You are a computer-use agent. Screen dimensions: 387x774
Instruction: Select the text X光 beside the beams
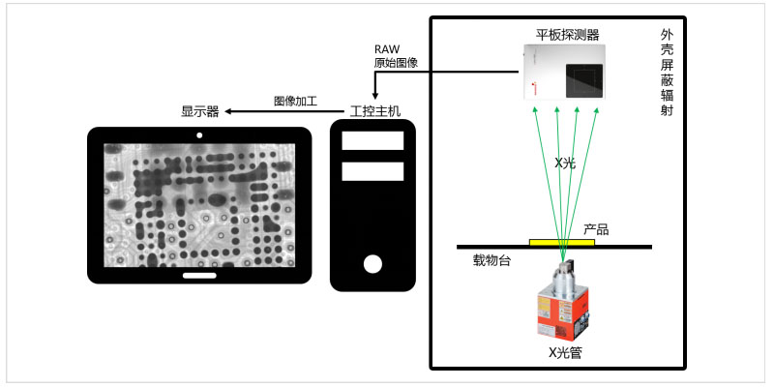565,164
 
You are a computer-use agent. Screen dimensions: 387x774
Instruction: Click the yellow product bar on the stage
562,242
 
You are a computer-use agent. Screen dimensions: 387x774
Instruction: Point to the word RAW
386,48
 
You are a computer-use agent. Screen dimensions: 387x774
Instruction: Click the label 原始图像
396,64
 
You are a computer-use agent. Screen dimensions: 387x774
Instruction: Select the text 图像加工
296,100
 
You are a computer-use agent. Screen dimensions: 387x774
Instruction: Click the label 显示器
200,111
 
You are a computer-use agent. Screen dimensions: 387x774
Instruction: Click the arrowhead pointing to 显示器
229,111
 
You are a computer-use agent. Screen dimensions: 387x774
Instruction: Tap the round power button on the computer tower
372,264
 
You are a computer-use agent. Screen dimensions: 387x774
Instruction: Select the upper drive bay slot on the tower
372,140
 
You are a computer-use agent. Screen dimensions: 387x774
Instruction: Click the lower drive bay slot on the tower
372,172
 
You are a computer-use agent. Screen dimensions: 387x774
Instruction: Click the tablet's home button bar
199,275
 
